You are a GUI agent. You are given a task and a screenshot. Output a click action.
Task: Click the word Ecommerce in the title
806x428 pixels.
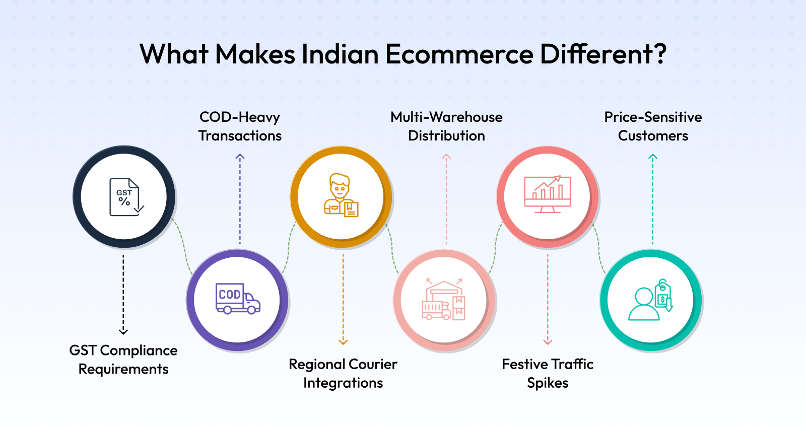tap(459, 54)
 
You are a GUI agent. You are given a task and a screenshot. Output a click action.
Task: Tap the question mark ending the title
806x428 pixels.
tap(660, 54)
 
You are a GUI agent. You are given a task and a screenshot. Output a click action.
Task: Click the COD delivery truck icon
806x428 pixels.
tap(238, 299)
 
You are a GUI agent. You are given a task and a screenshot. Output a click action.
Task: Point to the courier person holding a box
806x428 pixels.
tap(341, 195)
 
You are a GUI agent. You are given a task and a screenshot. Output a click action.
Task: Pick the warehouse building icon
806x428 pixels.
tap(443, 299)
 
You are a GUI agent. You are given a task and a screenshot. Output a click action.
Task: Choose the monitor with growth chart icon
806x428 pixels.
tap(547, 194)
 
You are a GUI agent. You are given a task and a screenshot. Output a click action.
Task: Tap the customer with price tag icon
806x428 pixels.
tap(650, 300)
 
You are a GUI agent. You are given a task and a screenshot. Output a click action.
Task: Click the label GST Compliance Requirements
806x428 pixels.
tap(123, 360)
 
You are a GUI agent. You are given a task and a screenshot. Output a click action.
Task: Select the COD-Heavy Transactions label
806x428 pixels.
tap(240, 126)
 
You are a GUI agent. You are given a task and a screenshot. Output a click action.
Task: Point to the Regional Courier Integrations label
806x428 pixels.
tap(343, 373)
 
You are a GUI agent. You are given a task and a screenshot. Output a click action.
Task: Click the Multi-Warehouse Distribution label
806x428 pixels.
tap(446, 126)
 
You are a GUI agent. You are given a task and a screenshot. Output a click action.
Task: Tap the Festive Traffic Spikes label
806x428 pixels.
tap(548, 373)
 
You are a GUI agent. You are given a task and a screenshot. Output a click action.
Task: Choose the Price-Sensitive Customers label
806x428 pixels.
tap(653, 126)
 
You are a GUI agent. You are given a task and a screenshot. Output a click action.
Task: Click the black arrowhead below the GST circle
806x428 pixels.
tap(123, 332)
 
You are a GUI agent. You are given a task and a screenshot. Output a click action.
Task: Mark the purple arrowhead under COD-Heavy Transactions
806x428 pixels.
tap(240, 157)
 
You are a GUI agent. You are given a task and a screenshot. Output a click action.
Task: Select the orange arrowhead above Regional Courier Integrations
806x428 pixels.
tap(343, 342)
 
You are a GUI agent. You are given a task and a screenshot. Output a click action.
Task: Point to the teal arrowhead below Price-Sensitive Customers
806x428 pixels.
tap(653, 157)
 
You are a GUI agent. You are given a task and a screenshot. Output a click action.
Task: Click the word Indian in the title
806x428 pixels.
tap(340, 54)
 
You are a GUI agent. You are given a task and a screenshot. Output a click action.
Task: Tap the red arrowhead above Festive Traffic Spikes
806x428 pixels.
tap(548, 342)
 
